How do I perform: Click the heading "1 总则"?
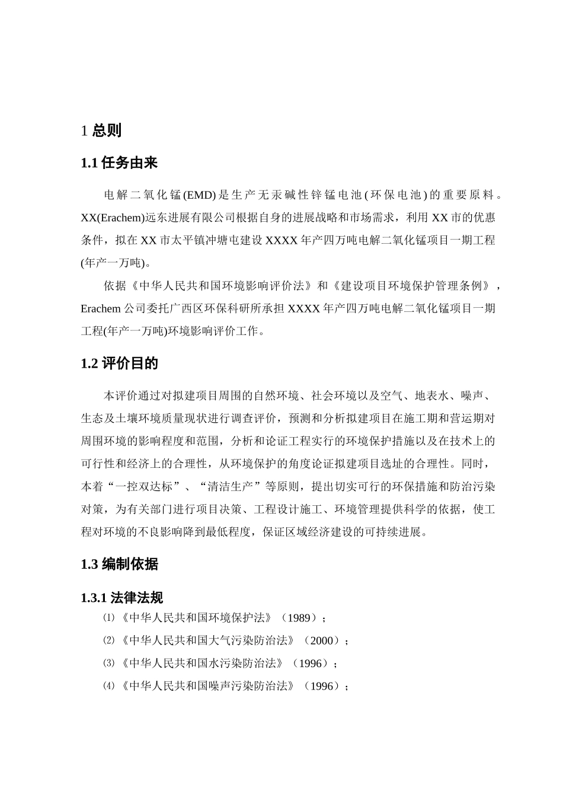(x=101, y=130)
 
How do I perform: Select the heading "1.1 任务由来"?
(x=119, y=163)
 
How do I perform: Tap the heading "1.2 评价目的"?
(x=119, y=364)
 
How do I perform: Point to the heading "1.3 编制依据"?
(x=119, y=564)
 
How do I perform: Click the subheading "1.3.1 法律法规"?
(x=121, y=598)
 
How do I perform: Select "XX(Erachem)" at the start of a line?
(x=113, y=218)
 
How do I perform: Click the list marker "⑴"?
(x=108, y=618)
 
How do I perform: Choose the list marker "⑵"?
(x=108, y=640)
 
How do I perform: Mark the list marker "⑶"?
(x=108, y=664)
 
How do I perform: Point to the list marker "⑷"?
(x=108, y=686)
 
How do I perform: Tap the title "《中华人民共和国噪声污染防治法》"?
(x=209, y=686)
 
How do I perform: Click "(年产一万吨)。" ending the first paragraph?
(x=116, y=263)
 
